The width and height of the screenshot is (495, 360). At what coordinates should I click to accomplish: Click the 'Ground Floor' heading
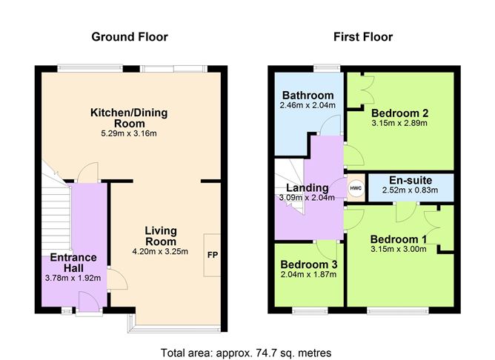pyautogui.click(x=129, y=37)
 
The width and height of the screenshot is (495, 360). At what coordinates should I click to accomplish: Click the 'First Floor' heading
pyautogui.click(x=362, y=37)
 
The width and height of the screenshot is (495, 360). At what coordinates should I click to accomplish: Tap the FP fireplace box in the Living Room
pyautogui.click(x=212, y=255)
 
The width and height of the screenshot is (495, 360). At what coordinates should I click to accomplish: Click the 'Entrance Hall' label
pyautogui.click(x=73, y=262)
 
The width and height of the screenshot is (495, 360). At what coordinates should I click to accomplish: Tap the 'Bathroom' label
pyautogui.click(x=308, y=95)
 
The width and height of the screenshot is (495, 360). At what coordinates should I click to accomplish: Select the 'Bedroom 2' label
pyautogui.click(x=399, y=113)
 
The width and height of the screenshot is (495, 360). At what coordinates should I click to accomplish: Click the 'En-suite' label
pyautogui.click(x=410, y=180)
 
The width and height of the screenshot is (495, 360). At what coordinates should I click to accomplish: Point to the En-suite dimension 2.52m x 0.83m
pyautogui.click(x=410, y=190)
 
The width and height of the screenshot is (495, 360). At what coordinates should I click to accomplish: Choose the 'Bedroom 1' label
pyautogui.click(x=399, y=239)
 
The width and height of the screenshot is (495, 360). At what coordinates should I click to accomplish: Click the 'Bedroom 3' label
pyautogui.click(x=309, y=264)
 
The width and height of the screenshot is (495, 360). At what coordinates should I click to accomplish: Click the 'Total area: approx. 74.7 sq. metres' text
pyautogui.click(x=246, y=352)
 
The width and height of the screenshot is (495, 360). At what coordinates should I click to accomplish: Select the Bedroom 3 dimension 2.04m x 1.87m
pyautogui.click(x=309, y=275)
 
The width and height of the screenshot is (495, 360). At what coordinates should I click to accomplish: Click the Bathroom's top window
pyautogui.click(x=323, y=69)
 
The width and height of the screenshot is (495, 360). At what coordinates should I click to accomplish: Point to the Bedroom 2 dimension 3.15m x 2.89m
pyautogui.click(x=399, y=123)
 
